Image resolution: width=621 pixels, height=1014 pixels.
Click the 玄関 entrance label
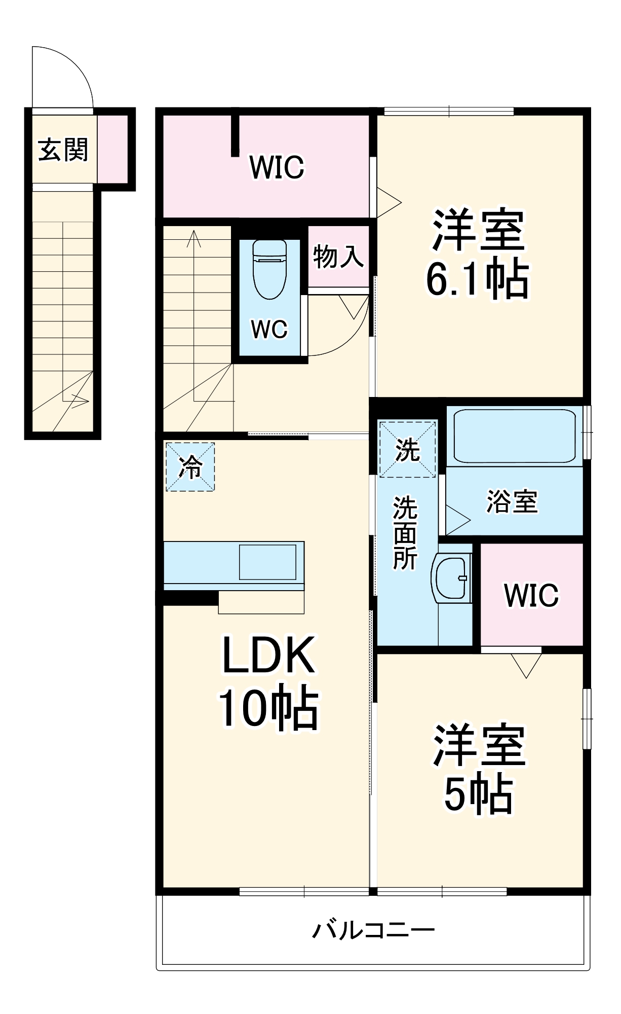pos(63,150)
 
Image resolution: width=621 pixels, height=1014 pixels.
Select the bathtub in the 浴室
pos(514,436)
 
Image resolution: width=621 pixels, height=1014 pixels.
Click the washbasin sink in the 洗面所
pos(450,578)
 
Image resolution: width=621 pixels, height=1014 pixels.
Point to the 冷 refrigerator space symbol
pos(190,467)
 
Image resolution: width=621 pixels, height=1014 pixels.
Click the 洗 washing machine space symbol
pos(407,449)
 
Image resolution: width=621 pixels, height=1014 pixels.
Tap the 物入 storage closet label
pos(338,257)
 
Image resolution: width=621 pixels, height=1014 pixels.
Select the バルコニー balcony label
pos(373,930)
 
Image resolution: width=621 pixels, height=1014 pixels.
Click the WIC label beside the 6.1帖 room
pos(277,167)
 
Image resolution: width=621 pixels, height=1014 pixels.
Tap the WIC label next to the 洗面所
pos(531,595)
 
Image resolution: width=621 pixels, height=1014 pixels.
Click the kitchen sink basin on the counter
pos(267,562)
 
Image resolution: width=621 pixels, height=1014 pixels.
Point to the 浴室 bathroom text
pos(512,501)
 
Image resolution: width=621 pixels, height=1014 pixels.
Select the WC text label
pos(269,330)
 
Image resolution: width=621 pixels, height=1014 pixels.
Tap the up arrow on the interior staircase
pos(193,238)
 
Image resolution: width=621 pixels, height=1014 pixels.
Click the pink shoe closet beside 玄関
pos(112,148)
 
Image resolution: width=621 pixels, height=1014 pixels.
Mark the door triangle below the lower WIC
pos(526,665)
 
